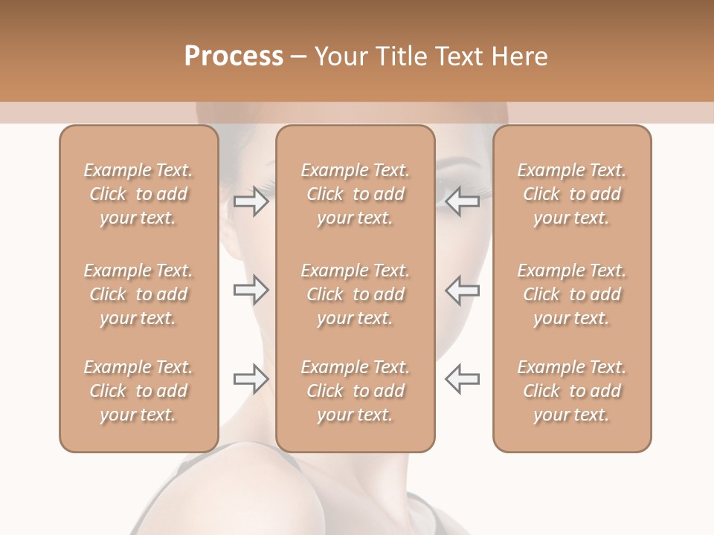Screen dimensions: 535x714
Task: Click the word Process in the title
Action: tap(234, 56)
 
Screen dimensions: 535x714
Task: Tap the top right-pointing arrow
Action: tap(251, 201)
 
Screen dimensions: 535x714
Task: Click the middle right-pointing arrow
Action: tap(251, 290)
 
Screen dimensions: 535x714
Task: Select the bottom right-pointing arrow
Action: tap(251, 379)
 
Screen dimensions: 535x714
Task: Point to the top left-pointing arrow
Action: tap(462, 201)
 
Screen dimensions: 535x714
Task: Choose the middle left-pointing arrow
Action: tap(462, 290)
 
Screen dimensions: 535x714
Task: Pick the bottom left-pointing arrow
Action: tap(462, 379)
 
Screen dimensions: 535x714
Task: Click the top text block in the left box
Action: tap(138, 194)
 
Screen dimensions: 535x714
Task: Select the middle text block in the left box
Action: tap(138, 294)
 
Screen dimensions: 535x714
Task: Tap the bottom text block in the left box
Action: tap(138, 391)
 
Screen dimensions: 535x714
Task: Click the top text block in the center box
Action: tap(356, 194)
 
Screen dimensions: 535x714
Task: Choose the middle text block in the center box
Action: tap(356, 294)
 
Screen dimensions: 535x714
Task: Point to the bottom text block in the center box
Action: tap(356, 391)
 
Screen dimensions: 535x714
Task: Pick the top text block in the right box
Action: tap(572, 194)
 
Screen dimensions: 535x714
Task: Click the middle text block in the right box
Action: tap(572, 294)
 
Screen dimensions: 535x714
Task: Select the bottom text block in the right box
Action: tap(572, 391)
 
